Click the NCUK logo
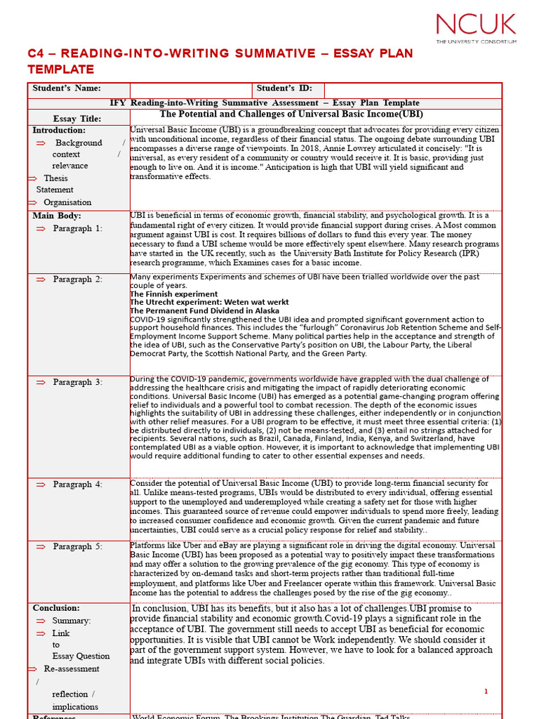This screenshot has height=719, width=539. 476,27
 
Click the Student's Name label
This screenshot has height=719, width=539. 67,88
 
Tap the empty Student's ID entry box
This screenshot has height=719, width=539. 413,89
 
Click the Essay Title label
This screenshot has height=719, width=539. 77,119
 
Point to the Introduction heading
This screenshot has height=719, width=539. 59,131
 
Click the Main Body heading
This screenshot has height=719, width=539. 57,216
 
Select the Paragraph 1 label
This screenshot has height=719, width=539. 77,229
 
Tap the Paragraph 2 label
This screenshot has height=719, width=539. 77,279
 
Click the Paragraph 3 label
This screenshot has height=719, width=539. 77,383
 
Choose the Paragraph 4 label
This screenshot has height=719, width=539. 77,485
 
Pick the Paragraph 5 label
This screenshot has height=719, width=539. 77,547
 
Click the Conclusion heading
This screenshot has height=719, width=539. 56,608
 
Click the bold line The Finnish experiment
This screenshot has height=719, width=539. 174,294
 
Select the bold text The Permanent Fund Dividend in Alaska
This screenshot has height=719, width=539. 204,310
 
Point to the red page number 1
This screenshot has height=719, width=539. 486,692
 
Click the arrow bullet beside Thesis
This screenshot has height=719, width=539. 32,178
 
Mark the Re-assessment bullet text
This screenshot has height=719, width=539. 72,669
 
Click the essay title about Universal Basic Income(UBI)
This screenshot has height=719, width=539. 291,114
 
